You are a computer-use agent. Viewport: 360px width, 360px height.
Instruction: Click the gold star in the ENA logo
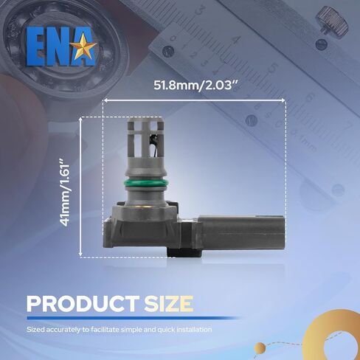click(x=83, y=46)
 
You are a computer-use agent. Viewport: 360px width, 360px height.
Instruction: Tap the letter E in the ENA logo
click(x=37, y=46)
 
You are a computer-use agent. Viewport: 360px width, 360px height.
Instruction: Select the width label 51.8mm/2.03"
click(x=195, y=86)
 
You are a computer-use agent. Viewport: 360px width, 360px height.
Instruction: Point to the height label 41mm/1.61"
click(x=65, y=193)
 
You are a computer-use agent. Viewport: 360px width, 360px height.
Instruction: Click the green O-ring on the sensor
click(x=145, y=183)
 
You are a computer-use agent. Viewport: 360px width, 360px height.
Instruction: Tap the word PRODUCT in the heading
click(x=83, y=304)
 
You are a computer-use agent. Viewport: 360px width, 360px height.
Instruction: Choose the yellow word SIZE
click(x=168, y=304)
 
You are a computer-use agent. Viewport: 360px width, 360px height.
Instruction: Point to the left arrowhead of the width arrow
click(x=105, y=100)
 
